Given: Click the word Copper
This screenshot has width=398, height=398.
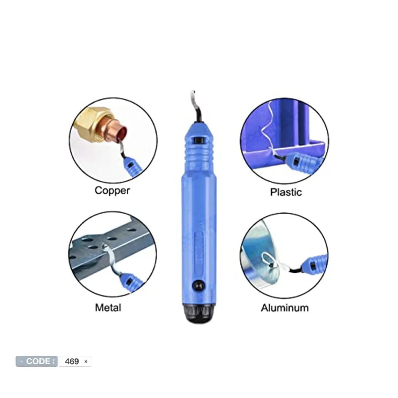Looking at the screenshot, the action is [x=112, y=191].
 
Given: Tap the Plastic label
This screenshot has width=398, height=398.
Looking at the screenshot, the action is [x=286, y=192].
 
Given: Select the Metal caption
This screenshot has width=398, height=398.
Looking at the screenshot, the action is [x=108, y=307].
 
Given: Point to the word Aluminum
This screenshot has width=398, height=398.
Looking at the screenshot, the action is [x=285, y=308].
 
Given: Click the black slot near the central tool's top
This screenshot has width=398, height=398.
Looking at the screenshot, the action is [x=198, y=141].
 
